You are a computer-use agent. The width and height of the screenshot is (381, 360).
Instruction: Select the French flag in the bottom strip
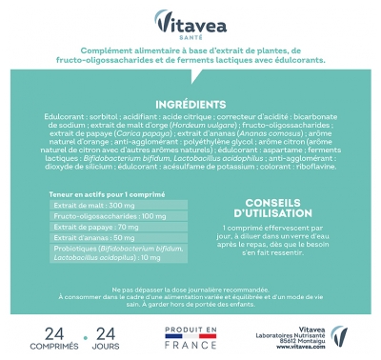[x=191, y=334]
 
